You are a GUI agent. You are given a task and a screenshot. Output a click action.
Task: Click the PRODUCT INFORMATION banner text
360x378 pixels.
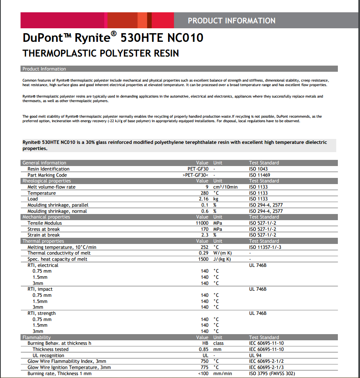[x=231, y=20]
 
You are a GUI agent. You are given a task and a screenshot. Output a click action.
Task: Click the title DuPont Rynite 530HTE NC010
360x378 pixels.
[x=113, y=38]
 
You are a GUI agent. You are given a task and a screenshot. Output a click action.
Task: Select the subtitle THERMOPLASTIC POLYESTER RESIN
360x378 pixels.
[x=100, y=53]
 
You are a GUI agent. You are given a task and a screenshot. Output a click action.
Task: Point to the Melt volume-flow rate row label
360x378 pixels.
[x=51, y=187]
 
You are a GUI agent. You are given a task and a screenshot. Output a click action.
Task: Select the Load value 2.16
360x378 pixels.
[x=204, y=199]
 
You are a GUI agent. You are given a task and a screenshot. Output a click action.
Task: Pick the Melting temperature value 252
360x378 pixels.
[x=205, y=247]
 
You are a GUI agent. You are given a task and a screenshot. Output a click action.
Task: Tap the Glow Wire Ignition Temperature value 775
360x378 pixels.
[x=205, y=367]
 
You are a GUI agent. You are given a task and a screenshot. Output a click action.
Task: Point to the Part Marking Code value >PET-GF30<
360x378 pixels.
[x=196, y=175]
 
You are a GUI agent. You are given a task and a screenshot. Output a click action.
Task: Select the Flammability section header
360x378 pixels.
[x=36, y=337]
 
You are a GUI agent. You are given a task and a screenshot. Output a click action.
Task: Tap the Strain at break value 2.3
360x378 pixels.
[x=205, y=235]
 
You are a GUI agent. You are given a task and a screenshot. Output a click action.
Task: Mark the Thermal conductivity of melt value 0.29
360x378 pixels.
[x=204, y=253]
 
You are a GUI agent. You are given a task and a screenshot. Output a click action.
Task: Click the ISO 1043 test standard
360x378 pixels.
[x=258, y=169]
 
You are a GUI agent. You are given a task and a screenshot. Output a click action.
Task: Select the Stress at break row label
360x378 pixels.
[x=43, y=229]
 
